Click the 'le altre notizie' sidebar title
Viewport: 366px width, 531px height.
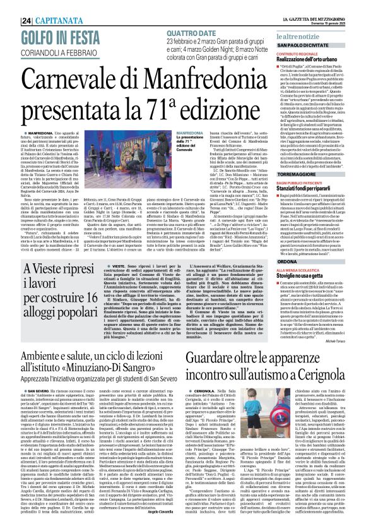pos(300,39)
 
